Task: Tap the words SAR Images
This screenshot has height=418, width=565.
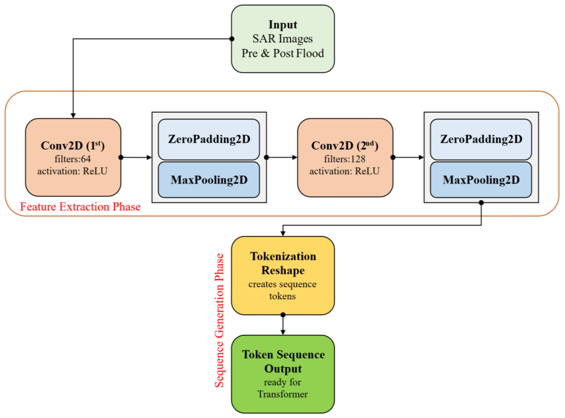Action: click(282, 39)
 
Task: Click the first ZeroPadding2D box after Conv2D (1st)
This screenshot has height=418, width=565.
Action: click(209, 139)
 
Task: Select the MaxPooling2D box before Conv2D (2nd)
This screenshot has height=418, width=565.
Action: click(209, 180)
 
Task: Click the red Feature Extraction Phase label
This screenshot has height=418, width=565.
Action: click(80, 207)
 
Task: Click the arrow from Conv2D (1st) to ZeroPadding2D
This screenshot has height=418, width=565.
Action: click(136, 157)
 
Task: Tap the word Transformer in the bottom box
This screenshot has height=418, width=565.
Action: click(282, 394)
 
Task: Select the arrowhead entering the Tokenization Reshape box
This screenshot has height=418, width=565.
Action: click(283, 234)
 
